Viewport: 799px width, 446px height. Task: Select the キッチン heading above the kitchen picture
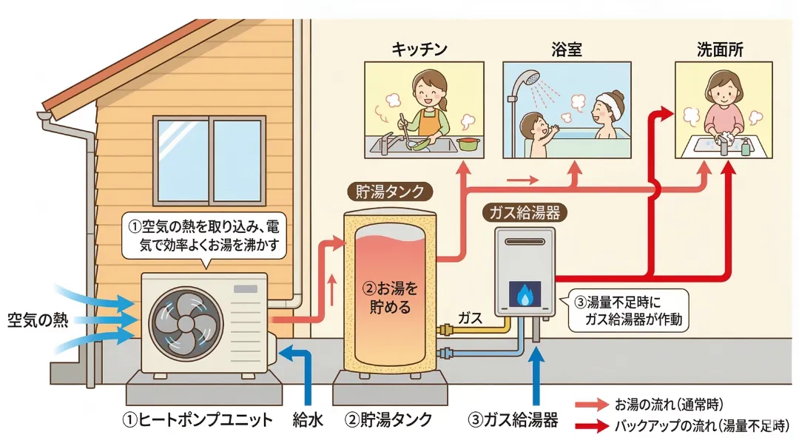point(419,50)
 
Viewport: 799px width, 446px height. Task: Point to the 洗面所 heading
point(720,50)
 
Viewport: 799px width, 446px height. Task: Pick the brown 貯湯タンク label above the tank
point(386,192)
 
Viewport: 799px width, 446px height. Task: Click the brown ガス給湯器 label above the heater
point(525,212)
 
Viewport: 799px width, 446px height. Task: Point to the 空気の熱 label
point(38,320)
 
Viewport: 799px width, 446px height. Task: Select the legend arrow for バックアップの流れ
point(592,426)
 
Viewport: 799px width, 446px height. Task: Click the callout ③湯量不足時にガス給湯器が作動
point(630,311)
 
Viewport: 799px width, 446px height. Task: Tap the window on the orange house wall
point(209,160)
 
